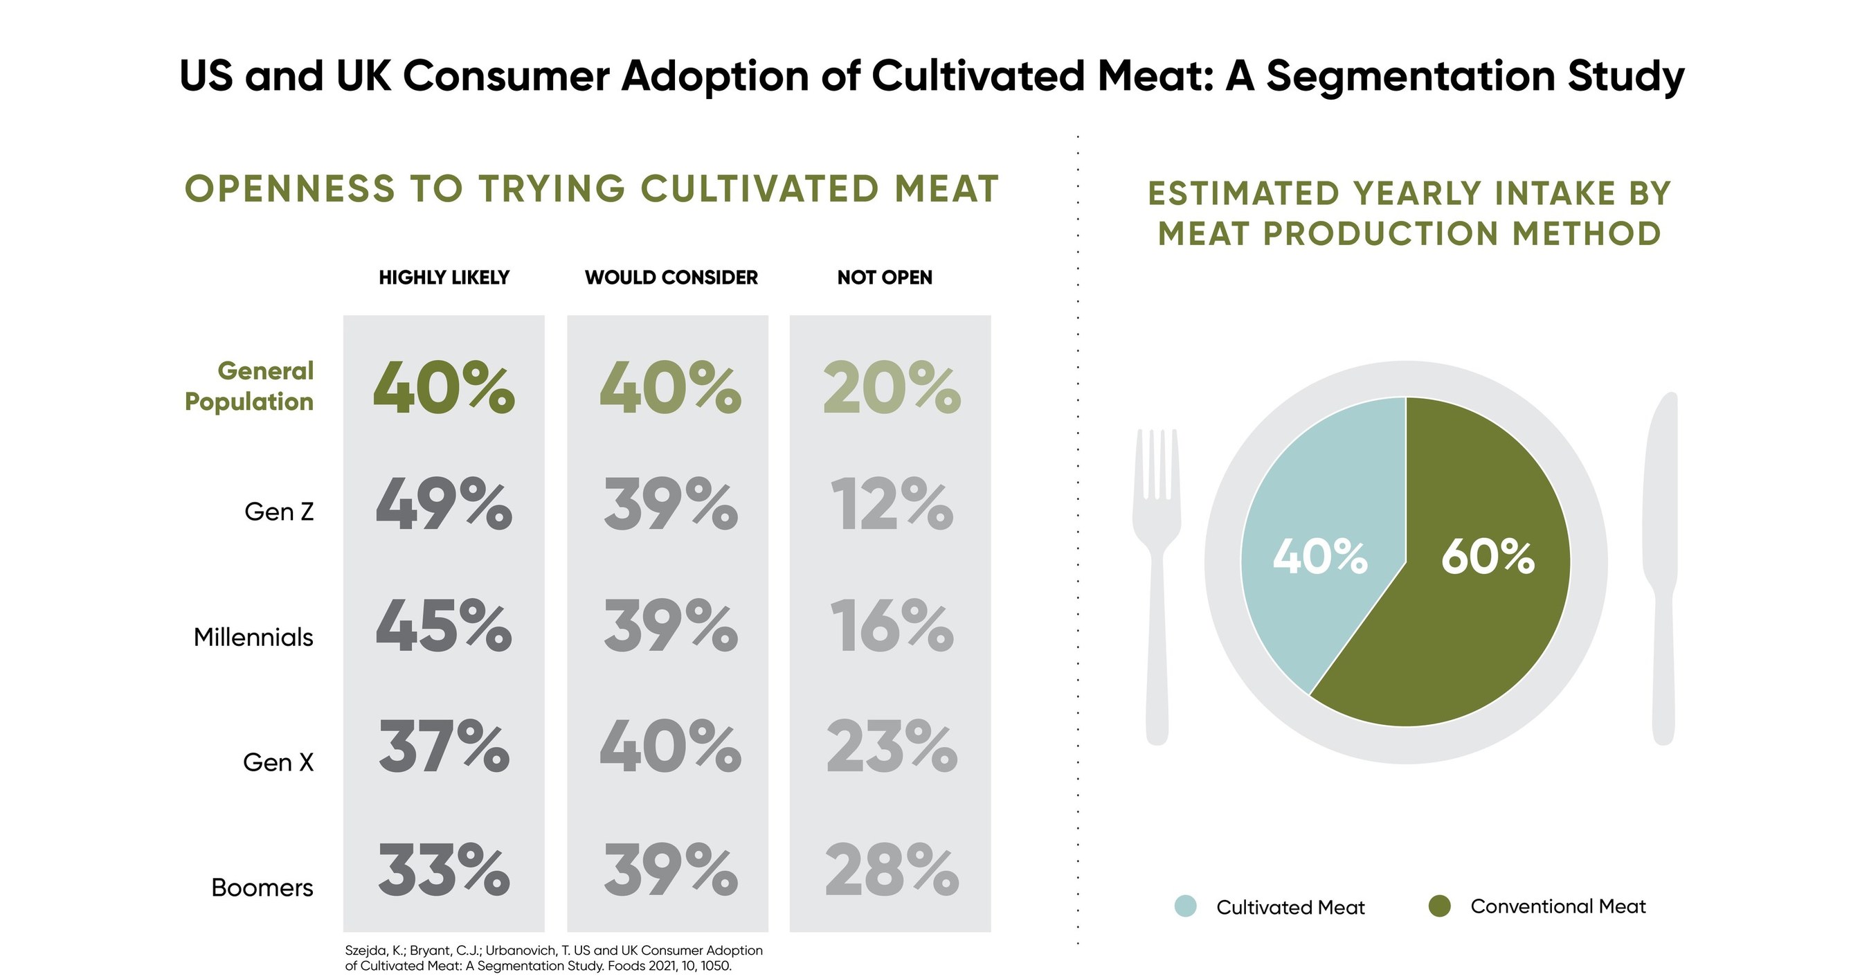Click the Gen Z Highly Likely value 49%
(443, 504)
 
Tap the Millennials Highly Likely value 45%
(443, 626)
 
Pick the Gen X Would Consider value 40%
(669, 747)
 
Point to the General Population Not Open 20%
(892, 389)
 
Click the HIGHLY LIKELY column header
(444, 277)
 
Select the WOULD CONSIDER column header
(671, 277)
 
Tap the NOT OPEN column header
(885, 277)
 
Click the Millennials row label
(253, 637)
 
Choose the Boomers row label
(262, 888)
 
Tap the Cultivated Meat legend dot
(1185, 906)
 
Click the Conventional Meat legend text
(1557, 906)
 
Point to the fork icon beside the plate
(1157, 581)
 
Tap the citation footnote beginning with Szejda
(553, 958)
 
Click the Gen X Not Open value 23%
(892, 747)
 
